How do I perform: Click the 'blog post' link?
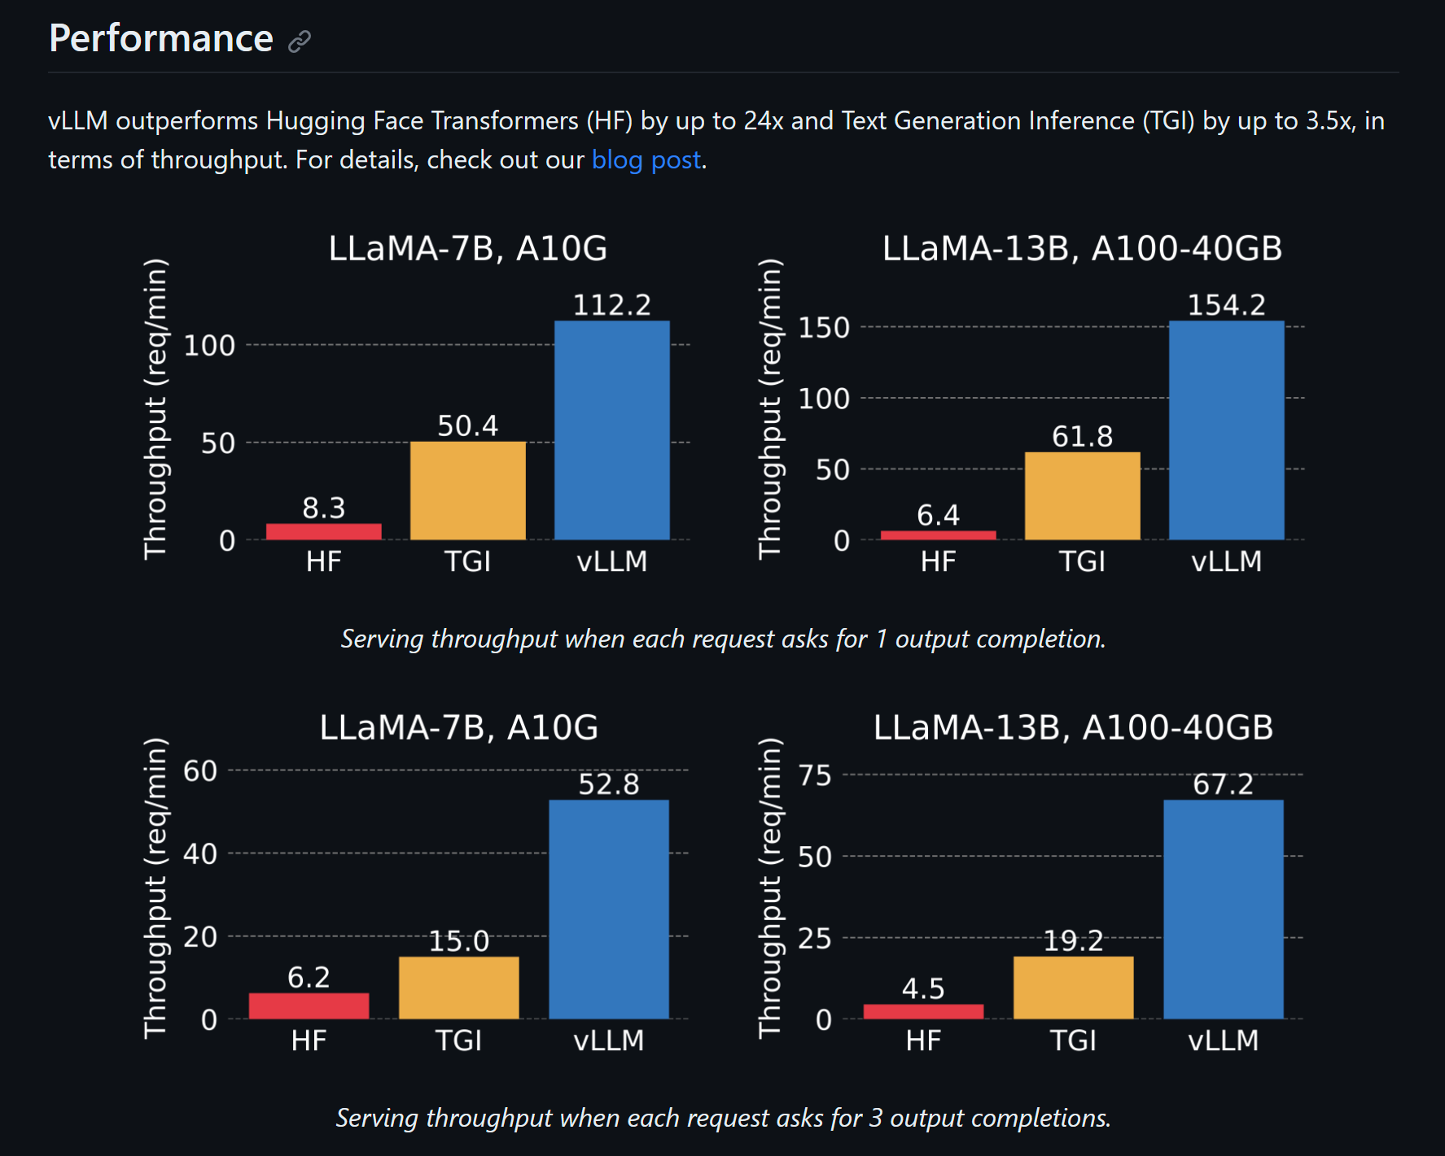[646, 159]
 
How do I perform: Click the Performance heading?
[161, 38]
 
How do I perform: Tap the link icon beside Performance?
[300, 41]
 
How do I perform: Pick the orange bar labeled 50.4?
[467, 491]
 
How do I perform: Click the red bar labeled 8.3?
[323, 531]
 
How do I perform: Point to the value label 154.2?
[1226, 305]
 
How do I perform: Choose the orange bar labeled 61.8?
[1082, 495]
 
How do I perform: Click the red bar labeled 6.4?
[938, 534]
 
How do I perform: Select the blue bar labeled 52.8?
[608, 909]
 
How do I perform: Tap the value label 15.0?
[458, 941]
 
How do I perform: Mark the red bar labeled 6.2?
[309, 1006]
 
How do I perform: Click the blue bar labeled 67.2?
[1223, 909]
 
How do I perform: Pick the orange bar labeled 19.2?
[1073, 988]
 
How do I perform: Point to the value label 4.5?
[923, 988]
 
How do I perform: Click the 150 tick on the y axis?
[824, 328]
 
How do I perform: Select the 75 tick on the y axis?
[815, 775]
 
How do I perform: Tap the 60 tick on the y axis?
[200, 770]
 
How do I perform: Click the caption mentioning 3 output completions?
[723, 1118]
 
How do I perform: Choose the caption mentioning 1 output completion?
[723, 639]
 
